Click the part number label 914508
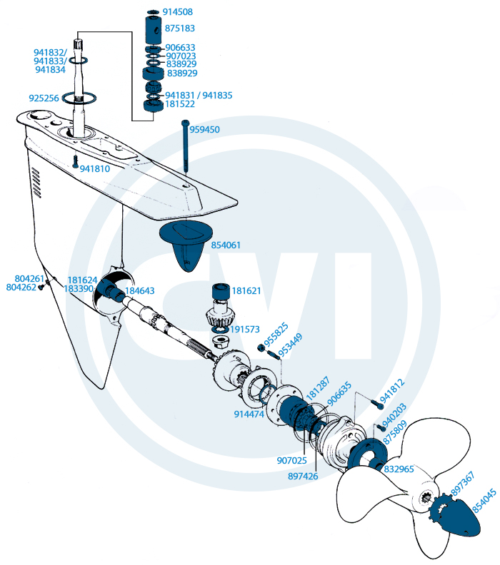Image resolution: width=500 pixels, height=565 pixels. [177, 12]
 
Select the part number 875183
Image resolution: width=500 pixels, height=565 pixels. [181, 28]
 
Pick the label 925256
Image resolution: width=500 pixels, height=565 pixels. [44, 98]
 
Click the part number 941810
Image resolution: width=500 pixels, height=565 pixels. [94, 169]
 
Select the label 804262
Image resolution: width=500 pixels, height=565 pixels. [21, 287]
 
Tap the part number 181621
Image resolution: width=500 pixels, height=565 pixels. [246, 291]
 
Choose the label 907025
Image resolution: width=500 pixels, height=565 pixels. [291, 460]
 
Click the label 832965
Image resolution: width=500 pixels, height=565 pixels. [399, 469]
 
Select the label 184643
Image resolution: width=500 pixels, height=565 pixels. [140, 291]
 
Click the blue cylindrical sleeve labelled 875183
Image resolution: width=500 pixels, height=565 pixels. [154, 29]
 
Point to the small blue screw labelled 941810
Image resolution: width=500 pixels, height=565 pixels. [74, 163]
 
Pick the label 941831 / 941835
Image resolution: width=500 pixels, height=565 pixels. [199, 95]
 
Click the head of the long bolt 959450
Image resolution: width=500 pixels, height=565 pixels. [186, 125]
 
